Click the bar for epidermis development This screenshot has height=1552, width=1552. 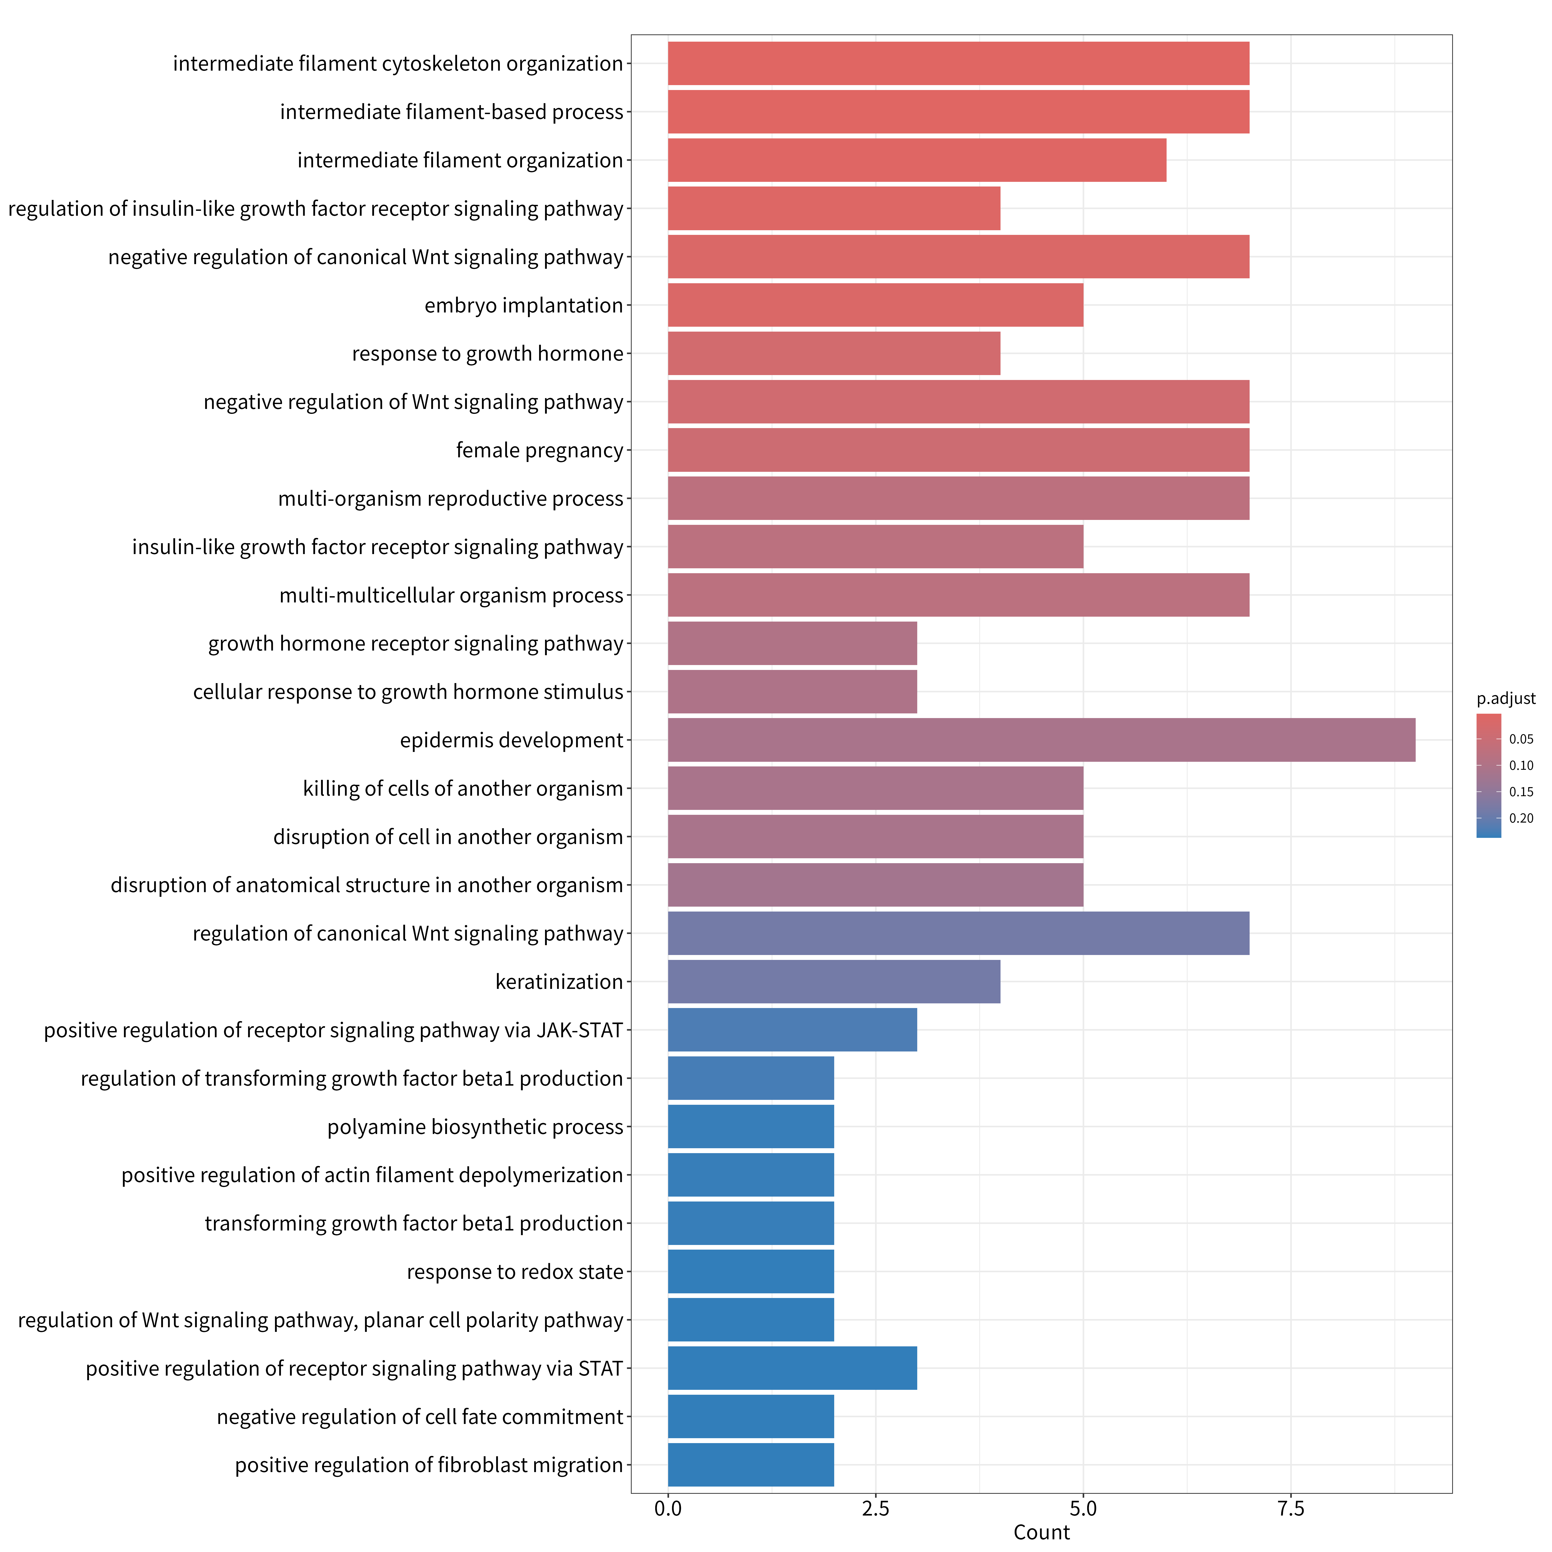[x=1041, y=740]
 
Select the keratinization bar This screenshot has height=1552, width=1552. [x=834, y=982]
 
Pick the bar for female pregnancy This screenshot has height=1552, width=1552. [x=958, y=450]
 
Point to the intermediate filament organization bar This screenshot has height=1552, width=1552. [x=916, y=160]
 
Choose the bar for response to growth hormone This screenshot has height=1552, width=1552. [x=834, y=353]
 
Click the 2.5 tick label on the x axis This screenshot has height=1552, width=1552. [x=876, y=1509]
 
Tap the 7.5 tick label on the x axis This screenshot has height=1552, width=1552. [x=1291, y=1509]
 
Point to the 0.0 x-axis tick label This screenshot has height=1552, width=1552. [x=668, y=1509]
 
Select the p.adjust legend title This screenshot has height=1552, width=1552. [x=1505, y=699]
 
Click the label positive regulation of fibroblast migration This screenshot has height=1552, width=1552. [x=429, y=1465]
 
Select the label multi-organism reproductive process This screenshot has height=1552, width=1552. [x=451, y=499]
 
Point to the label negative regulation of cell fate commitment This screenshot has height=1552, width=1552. [x=420, y=1417]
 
